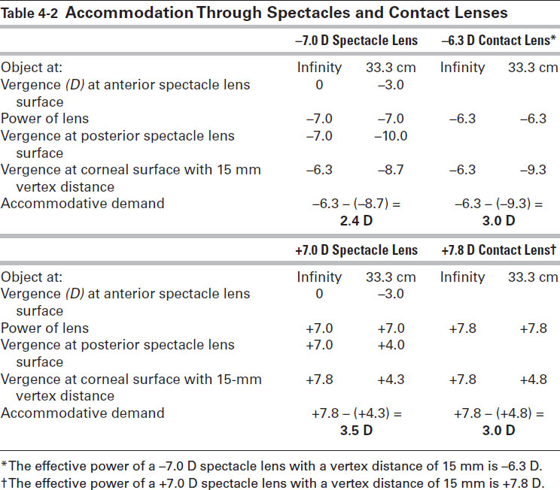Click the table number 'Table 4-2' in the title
point(31,13)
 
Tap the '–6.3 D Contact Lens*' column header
point(500,40)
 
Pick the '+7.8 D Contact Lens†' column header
point(500,250)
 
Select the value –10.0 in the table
point(390,136)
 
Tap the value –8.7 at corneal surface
point(390,170)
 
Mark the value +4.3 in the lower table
point(390,380)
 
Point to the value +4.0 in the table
point(390,346)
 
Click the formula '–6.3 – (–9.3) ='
point(500,204)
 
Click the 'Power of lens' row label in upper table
point(44,118)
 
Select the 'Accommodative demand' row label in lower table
point(82,413)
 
